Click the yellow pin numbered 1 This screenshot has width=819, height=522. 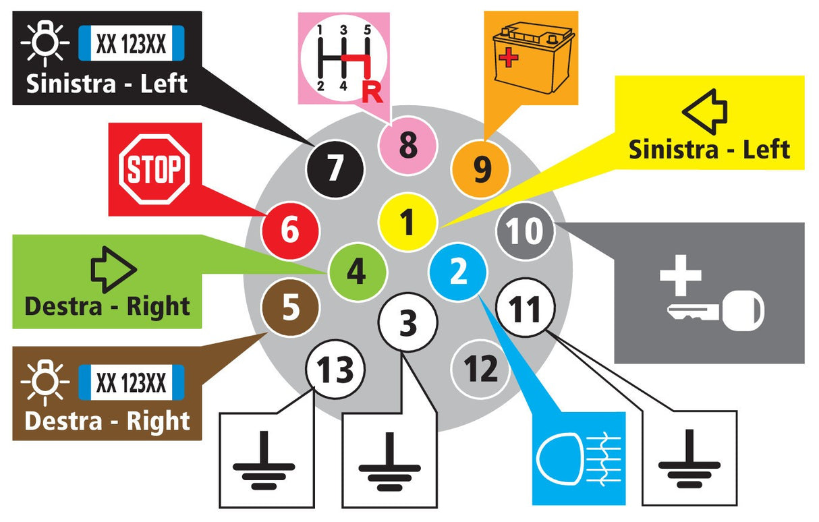click(407, 222)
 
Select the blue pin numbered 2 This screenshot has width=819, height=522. click(458, 272)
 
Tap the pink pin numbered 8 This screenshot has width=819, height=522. click(407, 145)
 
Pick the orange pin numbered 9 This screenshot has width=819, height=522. click(481, 169)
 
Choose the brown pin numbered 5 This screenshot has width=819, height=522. click(291, 308)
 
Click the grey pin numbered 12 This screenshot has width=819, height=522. click(480, 369)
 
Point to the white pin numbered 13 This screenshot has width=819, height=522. click(335, 369)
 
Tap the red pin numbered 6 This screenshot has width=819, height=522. click(290, 231)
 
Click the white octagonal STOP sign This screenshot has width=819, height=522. click(154, 169)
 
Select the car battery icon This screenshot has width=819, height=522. click(533, 58)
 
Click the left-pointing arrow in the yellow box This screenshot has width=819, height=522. click(704, 112)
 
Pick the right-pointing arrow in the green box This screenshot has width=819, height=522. click(114, 270)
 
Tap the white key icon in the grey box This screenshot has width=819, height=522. click(716, 311)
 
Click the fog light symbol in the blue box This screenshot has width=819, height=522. click(579, 459)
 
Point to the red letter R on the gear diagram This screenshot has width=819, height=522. click(372, 93)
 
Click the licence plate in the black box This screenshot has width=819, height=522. click(132, 43)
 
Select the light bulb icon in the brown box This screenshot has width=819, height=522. click(45, 382)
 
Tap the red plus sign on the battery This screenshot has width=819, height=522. click(508, 58)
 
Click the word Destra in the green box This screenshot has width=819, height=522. click(63, 306)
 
